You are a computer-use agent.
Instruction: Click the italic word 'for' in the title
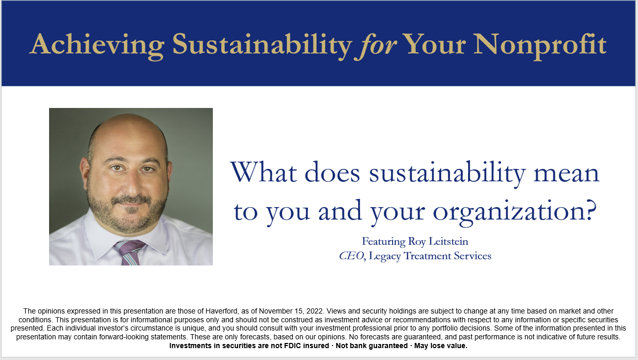376,45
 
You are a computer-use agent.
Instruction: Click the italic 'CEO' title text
351,256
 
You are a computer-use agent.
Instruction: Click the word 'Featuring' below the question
384,242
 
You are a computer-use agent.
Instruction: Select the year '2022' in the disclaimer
315,311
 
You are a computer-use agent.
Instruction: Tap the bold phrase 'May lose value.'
441,346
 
